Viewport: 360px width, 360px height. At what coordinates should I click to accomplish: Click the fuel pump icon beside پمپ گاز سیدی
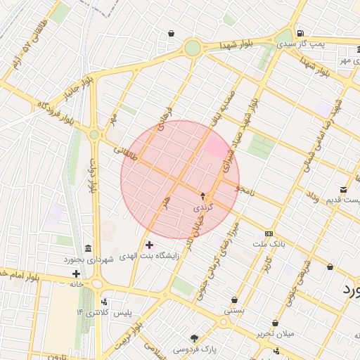tap(301, 32)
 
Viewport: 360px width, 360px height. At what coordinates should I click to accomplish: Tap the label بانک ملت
tap(268, 243)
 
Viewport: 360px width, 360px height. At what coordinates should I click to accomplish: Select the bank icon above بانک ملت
tap(269, 233)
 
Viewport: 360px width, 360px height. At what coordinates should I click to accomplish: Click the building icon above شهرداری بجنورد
tap(87, 250)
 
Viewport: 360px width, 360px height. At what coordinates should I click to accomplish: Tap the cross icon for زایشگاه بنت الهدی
tap(149, 245)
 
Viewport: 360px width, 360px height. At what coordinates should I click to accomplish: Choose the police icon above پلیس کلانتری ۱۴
tap(105, 303)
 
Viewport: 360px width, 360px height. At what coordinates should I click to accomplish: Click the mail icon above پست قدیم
tap(343, 190)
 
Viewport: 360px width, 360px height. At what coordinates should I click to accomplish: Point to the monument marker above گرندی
tap(203, 196)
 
